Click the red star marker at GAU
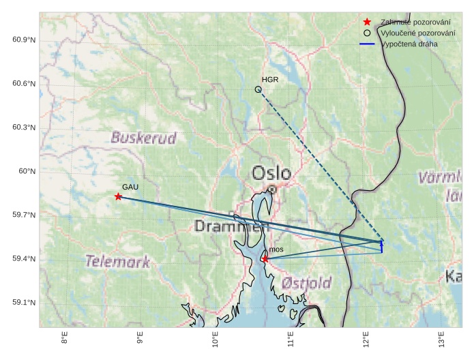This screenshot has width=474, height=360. coord(119,196)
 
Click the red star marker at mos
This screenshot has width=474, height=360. coord(265,258)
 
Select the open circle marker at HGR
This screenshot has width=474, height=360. coord(258,89)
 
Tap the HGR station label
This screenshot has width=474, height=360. coord(270,80)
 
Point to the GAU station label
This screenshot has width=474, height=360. coord(130,187)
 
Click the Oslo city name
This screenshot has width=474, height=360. coord(271,173)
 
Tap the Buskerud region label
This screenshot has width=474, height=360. coord(144,138)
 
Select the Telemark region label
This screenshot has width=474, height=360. coord(117,261)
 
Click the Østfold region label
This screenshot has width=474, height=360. coord(306,282)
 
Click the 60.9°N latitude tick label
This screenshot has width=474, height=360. coord(24,40)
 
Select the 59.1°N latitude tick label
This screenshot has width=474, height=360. coord(24,303)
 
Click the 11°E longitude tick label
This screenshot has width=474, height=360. coord(291,339)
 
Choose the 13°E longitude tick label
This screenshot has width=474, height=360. coord(441,338)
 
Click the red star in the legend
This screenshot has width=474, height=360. coord(368,22)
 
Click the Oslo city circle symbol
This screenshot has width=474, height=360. coord(272,189)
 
